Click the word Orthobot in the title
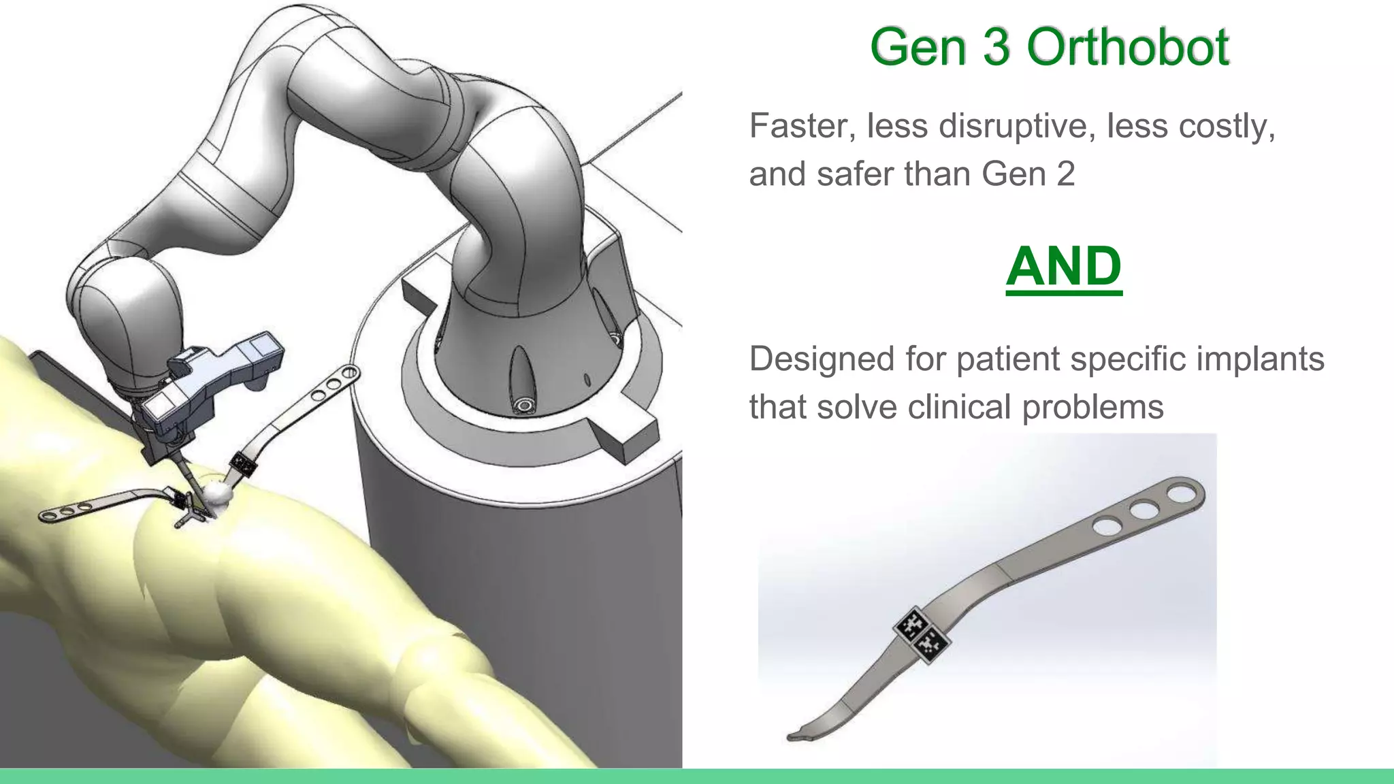coord(1128,47)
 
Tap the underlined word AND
coord(1064,266)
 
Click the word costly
coord(1226,127)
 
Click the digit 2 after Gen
coord(1065,174)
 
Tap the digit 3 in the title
coord(996,47)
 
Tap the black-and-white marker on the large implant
coord(922,634)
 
